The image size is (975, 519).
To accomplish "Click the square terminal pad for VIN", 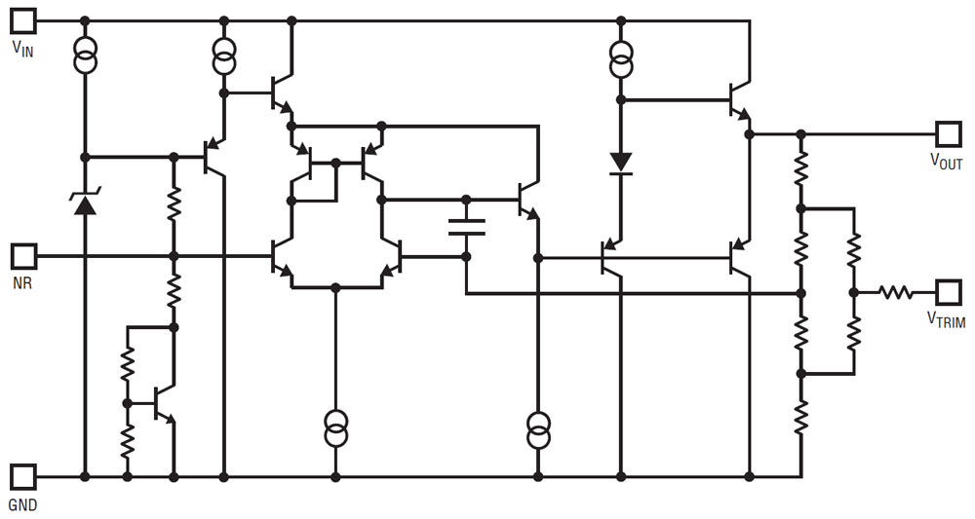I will (23, 19).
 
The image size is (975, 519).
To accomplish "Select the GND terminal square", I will (23, 476).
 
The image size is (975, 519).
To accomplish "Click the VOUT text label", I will (945, 162).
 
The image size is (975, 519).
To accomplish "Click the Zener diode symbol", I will (85, 203).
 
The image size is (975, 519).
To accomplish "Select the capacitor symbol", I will (466, 227).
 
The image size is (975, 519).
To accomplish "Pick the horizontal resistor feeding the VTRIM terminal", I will (895, 291).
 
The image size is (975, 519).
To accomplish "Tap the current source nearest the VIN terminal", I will (85, 56).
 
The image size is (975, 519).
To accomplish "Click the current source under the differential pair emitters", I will (335, 429).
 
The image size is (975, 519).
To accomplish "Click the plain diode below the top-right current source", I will (620, 162).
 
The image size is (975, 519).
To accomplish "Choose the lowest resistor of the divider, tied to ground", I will (800, 417).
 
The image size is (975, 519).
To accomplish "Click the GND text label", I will (22, 505).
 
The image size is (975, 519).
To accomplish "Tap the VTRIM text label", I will (945, 318).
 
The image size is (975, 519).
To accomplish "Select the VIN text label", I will (22, 50).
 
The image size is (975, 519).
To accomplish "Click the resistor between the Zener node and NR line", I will (174, 205).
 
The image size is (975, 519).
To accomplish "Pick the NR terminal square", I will (23, 256).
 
